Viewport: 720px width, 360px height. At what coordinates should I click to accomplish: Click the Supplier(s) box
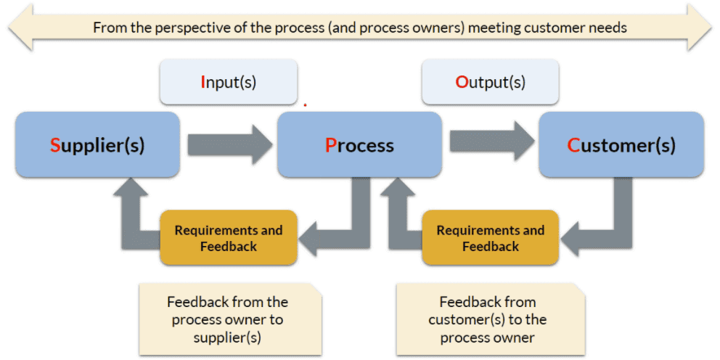97,144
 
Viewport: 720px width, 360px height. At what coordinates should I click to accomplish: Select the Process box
359,144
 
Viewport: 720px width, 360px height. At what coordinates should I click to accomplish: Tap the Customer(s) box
621,144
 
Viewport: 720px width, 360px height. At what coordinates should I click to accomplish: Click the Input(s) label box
228,82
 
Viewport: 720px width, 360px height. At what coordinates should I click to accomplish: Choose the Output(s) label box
490,82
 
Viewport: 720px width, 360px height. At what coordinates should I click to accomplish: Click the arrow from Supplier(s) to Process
230,144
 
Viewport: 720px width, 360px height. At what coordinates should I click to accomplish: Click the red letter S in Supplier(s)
55,145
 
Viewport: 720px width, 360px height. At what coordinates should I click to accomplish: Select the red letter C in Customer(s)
574,145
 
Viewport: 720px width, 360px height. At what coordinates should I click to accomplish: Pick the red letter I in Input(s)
202,82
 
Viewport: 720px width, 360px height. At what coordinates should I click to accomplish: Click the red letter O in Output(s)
462,82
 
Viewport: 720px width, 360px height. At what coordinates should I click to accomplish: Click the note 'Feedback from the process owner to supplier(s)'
230,319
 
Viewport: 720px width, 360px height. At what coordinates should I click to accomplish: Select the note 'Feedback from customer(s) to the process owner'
491,319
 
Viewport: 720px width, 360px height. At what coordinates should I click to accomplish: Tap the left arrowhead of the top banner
20,28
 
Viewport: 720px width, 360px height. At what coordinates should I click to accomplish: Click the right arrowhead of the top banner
699,28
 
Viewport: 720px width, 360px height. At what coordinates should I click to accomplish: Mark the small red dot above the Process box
305,105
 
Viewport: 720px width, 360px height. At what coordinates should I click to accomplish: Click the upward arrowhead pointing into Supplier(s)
131,187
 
